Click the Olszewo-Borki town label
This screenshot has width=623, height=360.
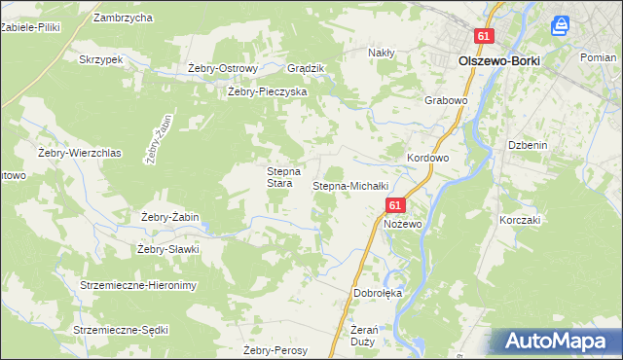tap(498, 60)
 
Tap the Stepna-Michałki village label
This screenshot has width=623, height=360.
tap(350, 186)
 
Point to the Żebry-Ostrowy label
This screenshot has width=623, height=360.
tap(222, 69)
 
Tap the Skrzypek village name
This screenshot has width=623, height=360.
tap(100, 59)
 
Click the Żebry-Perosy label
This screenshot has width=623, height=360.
tap(275, 350)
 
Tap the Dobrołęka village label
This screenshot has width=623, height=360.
tap(378, 293)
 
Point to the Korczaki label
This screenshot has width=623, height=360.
tap(520, 220)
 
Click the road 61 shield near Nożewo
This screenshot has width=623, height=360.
tap(394, 206)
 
